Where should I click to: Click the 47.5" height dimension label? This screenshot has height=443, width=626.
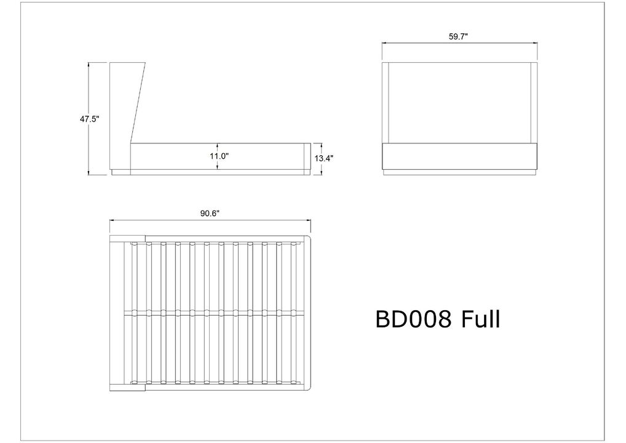click(x=89, y=119)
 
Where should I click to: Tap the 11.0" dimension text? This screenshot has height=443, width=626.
click(x=219, y=156)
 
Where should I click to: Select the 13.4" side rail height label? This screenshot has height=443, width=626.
click(x=323, y=158)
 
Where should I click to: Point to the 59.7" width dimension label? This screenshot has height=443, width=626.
click(x=458, y=37)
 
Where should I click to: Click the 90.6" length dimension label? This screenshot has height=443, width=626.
click(x=210, y=214)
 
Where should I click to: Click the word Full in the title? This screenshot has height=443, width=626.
click(x=480, y=319)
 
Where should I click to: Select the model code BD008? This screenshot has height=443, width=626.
click(x=414, y=319)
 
